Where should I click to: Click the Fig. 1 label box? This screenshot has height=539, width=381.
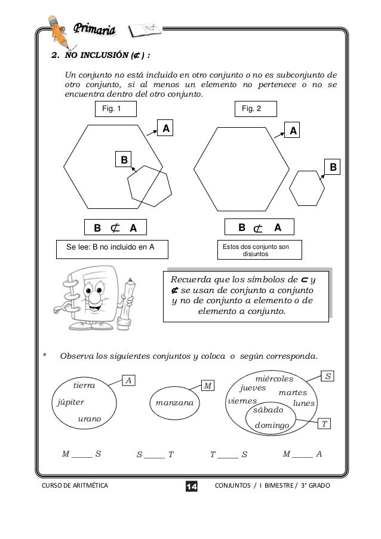click(116, 108)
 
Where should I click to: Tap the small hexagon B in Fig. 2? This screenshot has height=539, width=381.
click(308, 188)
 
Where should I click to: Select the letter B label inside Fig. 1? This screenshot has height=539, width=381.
click(124, 159)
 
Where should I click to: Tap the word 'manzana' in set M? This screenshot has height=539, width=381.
click(174, 403)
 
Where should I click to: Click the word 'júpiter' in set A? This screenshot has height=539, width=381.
click(70, 402)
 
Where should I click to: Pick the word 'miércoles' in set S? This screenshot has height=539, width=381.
click(274, 379)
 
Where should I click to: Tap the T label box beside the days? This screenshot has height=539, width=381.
click(324, 424)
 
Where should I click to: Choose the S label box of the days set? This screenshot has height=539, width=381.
click(328, 375)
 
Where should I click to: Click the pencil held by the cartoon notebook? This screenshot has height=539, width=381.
click(128, 301)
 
